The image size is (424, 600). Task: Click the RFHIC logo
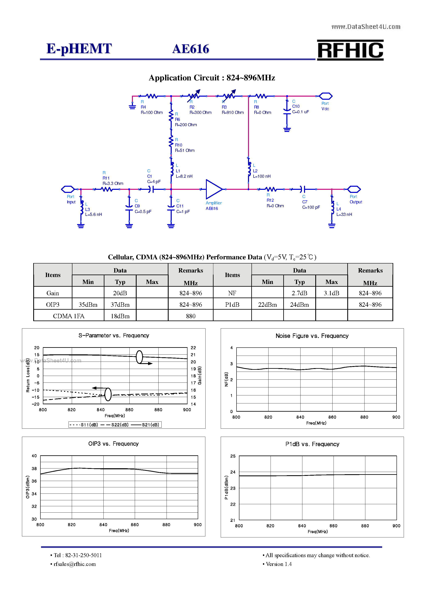coord(350,50)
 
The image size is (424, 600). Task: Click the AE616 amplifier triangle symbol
coord(214,189)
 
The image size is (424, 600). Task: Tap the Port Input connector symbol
coord(68,189)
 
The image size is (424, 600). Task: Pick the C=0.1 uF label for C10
coord(301,112)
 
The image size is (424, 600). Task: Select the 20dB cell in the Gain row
coord(120,293)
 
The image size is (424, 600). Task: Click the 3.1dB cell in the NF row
coord(331,293)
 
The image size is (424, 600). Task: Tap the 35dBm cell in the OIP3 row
coord(88,305)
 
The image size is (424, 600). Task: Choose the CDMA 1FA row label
coord(69,316)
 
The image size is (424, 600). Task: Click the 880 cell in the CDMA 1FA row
coord(191,316)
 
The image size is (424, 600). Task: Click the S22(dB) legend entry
coord(117,425)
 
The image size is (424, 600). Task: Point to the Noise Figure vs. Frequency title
coord(312,336)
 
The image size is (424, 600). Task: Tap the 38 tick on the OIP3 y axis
coord(34,468)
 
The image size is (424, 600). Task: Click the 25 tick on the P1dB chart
coord(233,456)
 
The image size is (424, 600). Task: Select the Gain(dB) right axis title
coord(200,376)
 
